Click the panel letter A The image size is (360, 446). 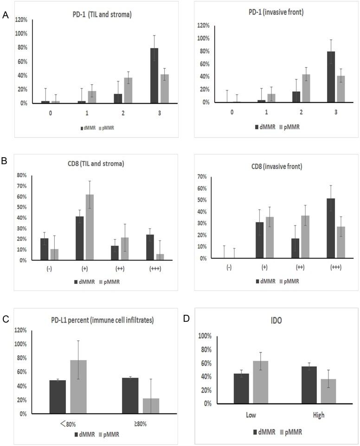[6, 16]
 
